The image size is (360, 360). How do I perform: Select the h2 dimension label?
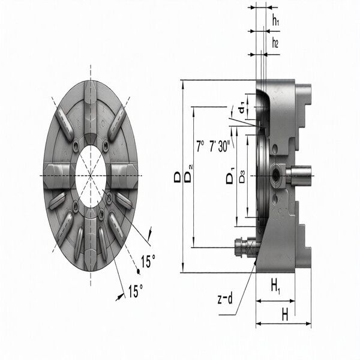click(275, 43)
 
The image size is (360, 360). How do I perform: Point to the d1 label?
click(241, 110)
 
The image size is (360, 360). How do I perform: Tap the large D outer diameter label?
click(178, 178)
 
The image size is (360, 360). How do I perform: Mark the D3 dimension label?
click(242, 178)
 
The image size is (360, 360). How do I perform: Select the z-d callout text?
click(225, 298)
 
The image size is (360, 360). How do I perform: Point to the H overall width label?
click(285, 313)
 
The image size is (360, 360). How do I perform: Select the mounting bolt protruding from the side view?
click(242, 247)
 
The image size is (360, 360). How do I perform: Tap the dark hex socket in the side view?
click(277, 175)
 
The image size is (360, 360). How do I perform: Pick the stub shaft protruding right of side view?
click(300, 175)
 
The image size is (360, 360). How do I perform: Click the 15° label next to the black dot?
click(148, 262)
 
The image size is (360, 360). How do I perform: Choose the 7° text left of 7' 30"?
click(200, 146)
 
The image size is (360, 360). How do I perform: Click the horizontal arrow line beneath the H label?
click(283, 324)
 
